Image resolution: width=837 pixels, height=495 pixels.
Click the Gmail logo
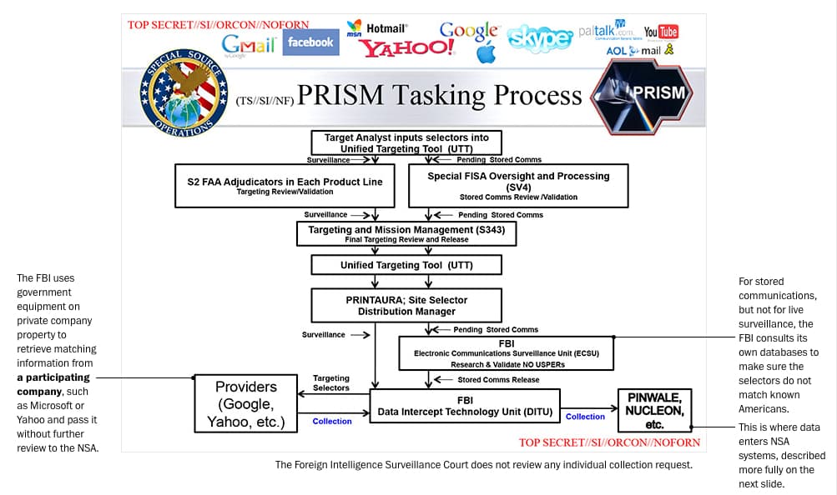coord(248,44)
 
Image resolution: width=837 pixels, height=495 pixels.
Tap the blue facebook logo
coord(310,42)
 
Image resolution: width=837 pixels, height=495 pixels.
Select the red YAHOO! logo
coord(407,48)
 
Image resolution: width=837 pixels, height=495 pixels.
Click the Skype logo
coord(540,38)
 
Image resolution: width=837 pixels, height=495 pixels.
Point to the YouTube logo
coord(661,32)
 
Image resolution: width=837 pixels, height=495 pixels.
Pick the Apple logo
coord(486,54)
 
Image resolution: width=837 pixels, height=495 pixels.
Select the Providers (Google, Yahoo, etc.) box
coord(245,403)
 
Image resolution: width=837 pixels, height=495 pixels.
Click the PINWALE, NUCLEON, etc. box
coord(655,410)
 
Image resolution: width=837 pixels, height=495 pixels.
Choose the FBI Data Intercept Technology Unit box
coord(465,406)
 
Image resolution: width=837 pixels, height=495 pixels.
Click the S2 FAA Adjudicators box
coord(285,186)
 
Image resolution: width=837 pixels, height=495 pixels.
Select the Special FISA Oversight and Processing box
coord(518,186)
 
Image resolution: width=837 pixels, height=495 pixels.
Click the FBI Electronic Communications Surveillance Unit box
coord(507,352)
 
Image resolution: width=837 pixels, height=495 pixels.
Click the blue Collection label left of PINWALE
coord(585,417)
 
